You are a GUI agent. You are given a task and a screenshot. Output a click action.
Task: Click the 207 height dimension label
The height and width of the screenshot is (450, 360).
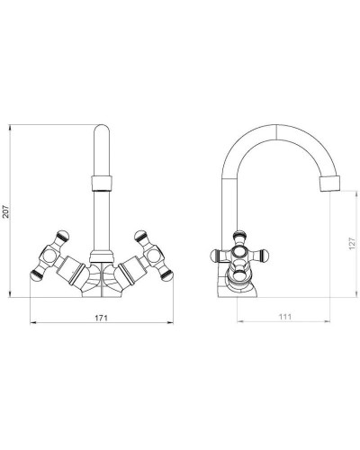[x=6, y=211]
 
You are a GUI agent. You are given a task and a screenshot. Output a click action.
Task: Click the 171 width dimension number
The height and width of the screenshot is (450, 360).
[x=101, y=318]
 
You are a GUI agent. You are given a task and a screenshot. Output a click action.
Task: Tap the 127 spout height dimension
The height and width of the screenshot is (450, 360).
[x=352, y=244]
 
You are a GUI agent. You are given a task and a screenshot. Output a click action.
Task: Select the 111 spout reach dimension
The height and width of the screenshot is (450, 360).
[x=285, y=317]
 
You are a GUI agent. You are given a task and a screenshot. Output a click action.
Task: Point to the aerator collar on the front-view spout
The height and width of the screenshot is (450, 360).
[x=102, y=184]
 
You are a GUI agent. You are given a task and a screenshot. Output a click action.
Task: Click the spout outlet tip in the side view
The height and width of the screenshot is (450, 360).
[x=330, y=184]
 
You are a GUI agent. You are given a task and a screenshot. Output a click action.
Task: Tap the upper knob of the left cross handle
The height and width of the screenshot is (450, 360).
[x=63, y=236]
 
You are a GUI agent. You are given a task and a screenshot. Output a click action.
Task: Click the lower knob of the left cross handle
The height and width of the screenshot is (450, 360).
[x=36, y=275]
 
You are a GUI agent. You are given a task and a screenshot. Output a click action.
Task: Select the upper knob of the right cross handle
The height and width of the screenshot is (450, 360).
[x=140, y=236]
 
